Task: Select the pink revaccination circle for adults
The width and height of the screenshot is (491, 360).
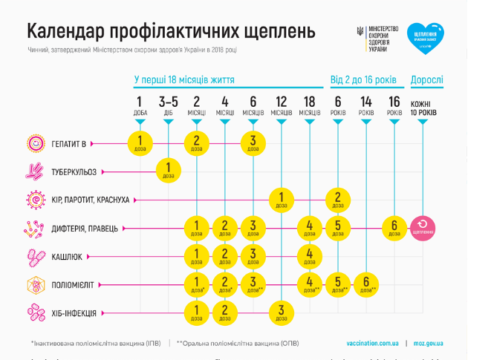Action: coord(423,227)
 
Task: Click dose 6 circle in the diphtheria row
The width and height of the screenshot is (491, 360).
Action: coord(394,227)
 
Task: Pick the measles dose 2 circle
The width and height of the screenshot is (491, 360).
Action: coord(337,199)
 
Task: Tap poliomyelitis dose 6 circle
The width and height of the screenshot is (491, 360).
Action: coord(365,284)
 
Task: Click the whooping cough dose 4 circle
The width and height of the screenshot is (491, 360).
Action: coord(309,256)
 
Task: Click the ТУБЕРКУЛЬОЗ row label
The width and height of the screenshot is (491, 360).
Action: coord(74,171)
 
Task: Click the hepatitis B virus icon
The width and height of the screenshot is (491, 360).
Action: coord(34,143)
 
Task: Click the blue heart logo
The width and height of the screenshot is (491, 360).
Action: coord(426,39)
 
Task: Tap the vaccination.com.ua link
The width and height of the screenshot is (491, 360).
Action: coord(371,343)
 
